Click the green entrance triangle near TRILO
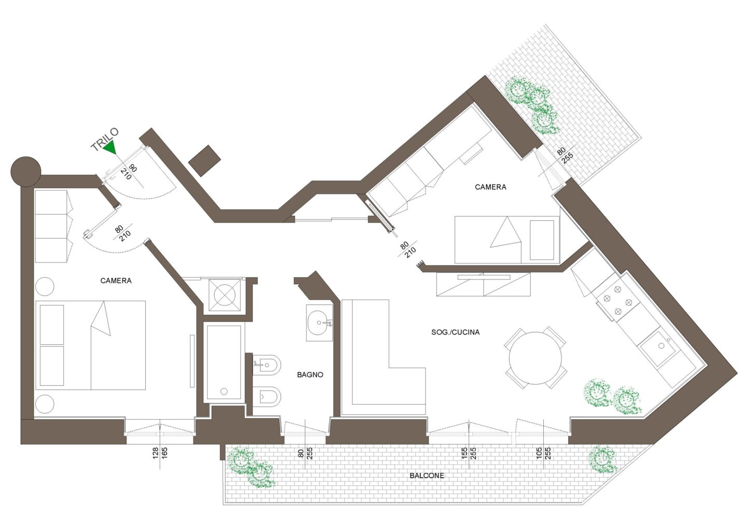[x=110, y=147]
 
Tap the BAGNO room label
[x=310, y=375]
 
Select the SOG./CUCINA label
[x=456, y=332]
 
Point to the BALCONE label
[x=427, y=476]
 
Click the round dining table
[x=535, y=358]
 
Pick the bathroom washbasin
[x=319, y=323]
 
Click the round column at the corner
[x=25, y=172]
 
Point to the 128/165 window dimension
[x=160, y=453]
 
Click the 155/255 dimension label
[x=469, y=453]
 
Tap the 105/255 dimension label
[x=543, y=453]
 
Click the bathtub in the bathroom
[x=224, y=362]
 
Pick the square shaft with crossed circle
[x=224, y=295]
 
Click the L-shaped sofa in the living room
[x=384, y=357]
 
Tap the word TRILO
[x=105, y=139]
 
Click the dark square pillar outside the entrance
[x=205, y=161]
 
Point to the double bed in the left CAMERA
[x=91, y=345]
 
